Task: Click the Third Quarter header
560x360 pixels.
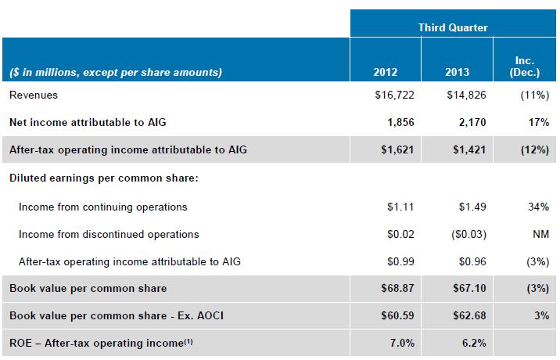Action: pos(453,27)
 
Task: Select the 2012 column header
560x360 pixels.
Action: pos(386,73)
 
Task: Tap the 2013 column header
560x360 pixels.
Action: pos(458,73)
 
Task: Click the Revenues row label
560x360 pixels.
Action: pos(34,95)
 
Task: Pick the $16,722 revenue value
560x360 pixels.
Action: pos(395,95)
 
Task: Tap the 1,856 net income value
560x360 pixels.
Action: pos(399,123)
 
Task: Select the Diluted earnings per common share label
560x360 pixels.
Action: pos(103,178)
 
